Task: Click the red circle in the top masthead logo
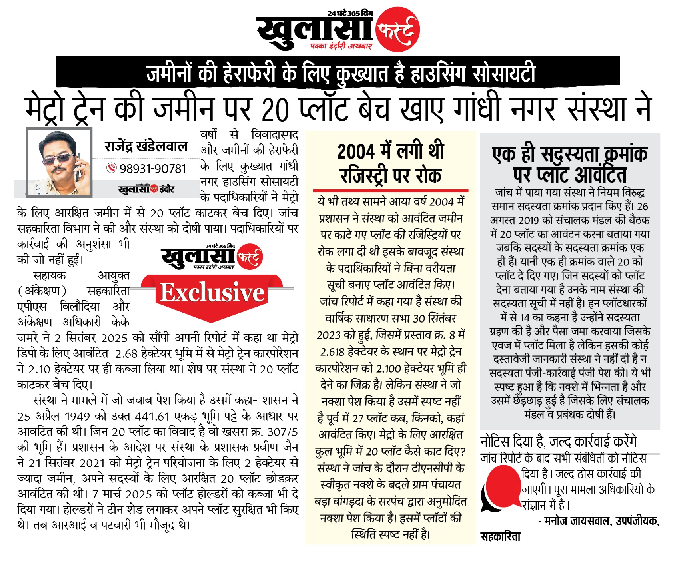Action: (x=397, y=29)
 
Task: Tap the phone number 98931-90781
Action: (x=153, y=169)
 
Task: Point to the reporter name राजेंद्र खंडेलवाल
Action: (x=146, y=147)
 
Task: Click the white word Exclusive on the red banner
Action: (x=212, y=293)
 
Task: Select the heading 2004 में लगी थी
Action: (x=390, y=152)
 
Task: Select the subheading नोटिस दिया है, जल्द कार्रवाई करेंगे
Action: (x=558, y=442)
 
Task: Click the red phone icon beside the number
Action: (x=111, y=168)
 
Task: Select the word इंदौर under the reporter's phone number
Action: (x=167, y=189)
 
